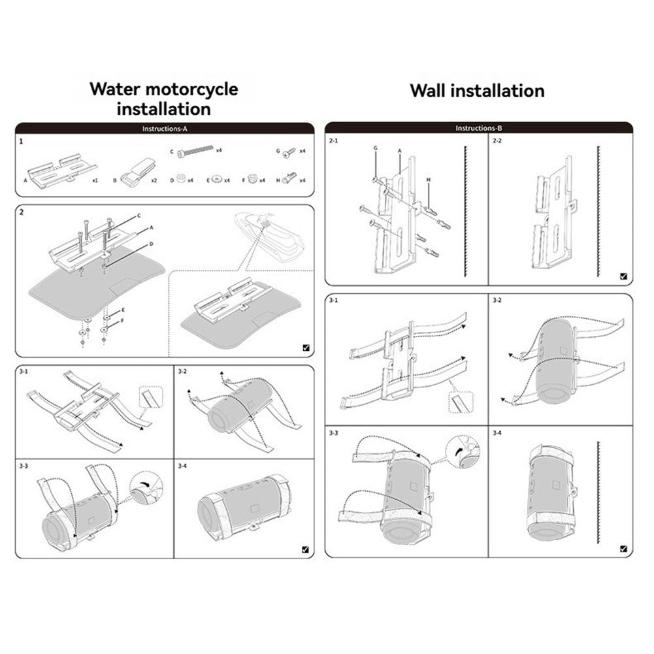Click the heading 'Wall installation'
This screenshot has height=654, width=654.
click(x=477, y=91)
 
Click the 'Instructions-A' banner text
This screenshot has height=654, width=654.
click(x=165, y=129)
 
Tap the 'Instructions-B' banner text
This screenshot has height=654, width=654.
click(x=479, y=128)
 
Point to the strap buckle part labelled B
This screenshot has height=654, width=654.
click(x=138, y=172)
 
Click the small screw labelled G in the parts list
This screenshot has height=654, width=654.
click(x=289, y=153)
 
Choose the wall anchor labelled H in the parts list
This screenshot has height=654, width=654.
click(x=289, y=178)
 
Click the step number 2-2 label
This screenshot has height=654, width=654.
click(x=497, y=140)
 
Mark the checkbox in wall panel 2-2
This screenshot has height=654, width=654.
click(x=623, y=276)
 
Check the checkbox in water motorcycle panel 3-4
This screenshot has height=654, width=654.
click(x=305, y=549)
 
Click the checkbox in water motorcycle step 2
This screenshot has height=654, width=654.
click(x=306, y=348)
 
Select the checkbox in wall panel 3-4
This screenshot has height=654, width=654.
click(x=623, y=549)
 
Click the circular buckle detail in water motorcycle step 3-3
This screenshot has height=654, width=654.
click(x=146, y=489)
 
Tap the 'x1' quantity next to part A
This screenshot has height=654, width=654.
click(x=95, y=180)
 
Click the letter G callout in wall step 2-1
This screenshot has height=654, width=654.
click(x=376, y=148)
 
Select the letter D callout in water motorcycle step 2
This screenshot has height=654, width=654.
click(x=152, y=244)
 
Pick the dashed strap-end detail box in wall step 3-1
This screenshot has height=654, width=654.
click(x=461, y=402)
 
